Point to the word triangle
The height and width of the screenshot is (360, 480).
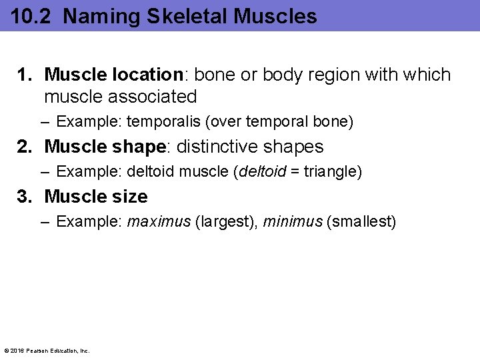331,172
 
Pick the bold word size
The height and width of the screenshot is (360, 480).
132,197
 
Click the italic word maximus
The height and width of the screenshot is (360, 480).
159,222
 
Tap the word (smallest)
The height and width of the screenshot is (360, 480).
361,222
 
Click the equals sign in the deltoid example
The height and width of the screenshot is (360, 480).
295,172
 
